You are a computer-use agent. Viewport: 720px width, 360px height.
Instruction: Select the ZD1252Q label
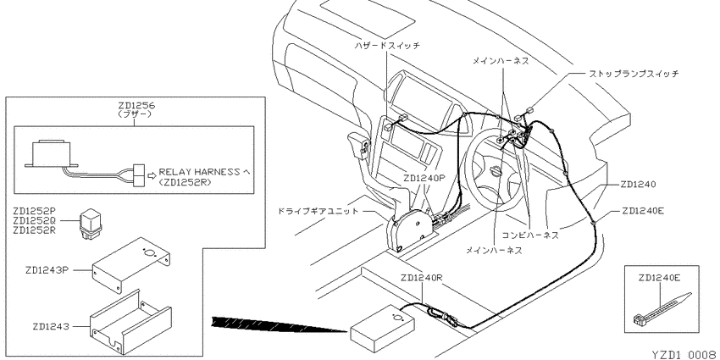(x=35, y=220)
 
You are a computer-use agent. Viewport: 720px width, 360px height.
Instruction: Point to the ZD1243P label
(x=47, y=270)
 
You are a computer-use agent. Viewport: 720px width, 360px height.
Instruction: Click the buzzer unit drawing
(x=52, y=155)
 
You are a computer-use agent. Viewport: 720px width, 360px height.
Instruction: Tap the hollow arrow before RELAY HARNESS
(x=151, y=175)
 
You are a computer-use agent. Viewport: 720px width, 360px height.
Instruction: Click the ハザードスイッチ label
(x=387, y=46)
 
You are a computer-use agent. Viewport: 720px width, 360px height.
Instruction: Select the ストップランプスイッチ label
(x=634, y=73)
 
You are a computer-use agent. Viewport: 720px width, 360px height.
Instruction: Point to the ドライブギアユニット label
(x=318, y=212)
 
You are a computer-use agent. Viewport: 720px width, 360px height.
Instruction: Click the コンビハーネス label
(x=530, y=235)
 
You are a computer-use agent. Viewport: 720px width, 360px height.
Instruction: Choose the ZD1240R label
(x=421, y=278)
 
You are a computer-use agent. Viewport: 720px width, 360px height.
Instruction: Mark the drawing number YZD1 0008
(x=684, y=354)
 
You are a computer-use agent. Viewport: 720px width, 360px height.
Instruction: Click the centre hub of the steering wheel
(x=496, y=172)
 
